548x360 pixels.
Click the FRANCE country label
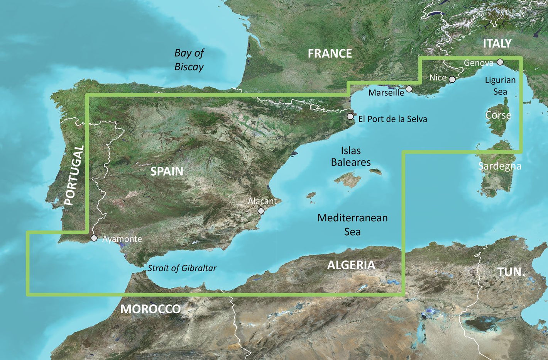[330, 53]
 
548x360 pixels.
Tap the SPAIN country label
[167, 171]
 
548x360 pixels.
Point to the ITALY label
[497, 43]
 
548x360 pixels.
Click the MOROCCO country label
[151, 309]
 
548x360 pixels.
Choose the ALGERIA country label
[351, 265]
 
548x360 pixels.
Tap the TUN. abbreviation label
[511, 272]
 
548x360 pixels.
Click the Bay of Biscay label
[189, 60]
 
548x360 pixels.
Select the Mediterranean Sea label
[352, 224]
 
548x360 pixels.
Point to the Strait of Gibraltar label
[182, 268]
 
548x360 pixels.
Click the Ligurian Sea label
[500, 86]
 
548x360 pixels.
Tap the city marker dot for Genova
[500, 62]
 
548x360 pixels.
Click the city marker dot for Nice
[452, 79]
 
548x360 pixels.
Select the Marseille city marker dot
[409, 89]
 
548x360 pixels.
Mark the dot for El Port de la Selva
[350, 116]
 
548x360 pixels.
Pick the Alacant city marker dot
[261, 211]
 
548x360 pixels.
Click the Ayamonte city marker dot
[94, 238]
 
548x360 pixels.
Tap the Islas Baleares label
[351, 156]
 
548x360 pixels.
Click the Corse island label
[498, 115]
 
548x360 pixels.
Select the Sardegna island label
[499, 166]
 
